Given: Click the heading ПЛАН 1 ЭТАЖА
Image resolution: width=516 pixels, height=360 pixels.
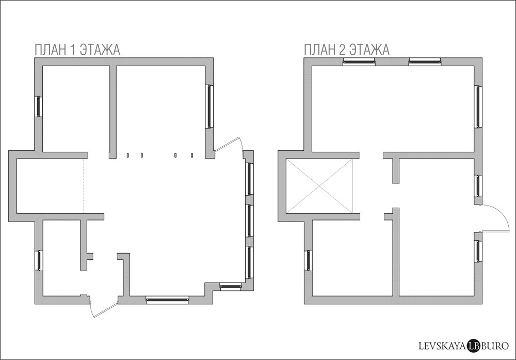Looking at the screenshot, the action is pos(77,50).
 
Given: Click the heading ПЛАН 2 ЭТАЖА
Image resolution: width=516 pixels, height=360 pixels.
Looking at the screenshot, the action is pos(347,50).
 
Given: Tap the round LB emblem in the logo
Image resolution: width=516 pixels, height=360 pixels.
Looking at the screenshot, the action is pos(473,346).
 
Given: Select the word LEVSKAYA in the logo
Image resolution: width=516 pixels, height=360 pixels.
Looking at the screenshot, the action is pos(442,346).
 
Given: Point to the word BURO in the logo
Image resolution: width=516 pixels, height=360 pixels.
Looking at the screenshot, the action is pos(494,346).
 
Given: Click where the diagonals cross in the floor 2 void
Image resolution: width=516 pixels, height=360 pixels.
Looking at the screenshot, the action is pos(319,186).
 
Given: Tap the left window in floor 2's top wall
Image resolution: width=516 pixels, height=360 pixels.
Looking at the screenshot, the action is pos(359,62).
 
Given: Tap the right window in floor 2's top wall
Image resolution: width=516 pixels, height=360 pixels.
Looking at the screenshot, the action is pos(425,62).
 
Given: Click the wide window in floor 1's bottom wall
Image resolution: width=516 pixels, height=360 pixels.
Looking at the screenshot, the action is pos(168,300).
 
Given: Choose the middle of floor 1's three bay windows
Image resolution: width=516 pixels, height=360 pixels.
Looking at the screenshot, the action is pos(249,221).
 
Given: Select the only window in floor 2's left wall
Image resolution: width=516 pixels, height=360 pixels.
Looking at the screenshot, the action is pos(309,260).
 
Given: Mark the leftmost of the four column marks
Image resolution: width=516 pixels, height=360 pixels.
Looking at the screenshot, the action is pos(127,155).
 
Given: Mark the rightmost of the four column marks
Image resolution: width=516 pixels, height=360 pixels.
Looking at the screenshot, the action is pos(192,155).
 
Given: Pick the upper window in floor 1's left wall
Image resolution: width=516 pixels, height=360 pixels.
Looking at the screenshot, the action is pos(39,106).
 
